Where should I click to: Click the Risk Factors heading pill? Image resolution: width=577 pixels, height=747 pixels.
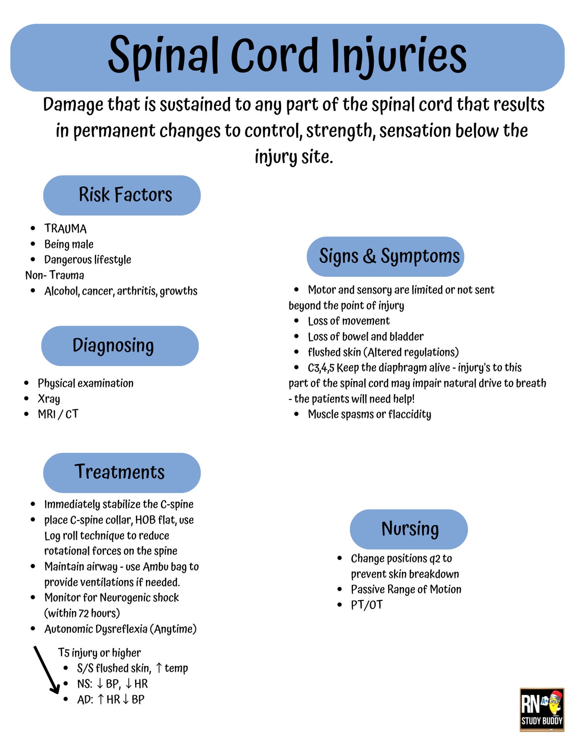click(x=122, y=195)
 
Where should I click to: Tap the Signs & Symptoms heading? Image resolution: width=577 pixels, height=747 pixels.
click(x=385, y=257)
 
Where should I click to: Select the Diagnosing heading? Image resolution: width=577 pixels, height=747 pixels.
click(x=120, y=346)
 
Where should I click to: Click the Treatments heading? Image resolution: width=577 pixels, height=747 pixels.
click(x=122, y=472)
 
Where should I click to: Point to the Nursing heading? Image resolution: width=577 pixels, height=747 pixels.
click(x=409, y=529)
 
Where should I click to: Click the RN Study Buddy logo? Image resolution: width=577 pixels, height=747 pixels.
click(x=541, y=709)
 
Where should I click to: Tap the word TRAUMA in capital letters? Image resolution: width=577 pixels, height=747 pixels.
click(x=65, y=229)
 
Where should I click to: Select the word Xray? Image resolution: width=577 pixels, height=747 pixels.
click(x=49, y=399)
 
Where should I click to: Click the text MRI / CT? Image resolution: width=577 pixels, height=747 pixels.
click(x=58, y=414)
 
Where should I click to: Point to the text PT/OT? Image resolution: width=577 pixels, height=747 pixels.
click(x=367, y=605)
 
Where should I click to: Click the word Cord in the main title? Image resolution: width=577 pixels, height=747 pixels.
click(x=274, y=56)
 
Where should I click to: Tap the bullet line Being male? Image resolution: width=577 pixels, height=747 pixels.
click(x=69, y=245)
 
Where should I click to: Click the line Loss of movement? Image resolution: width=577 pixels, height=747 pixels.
click(x=348, y=321)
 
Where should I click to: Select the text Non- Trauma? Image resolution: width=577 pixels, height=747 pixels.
click(x=55, y=275)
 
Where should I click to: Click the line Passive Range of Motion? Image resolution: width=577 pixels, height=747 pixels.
click(x=406, y=589)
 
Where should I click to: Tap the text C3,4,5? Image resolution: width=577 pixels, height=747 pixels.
click(x=321, y=368)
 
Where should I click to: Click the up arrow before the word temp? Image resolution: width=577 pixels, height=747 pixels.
click(x=159, y=668)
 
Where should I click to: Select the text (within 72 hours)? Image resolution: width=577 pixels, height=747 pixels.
click(x=82, y=613)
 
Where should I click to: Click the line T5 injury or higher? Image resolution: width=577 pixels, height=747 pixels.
click(x=99, y=653)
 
